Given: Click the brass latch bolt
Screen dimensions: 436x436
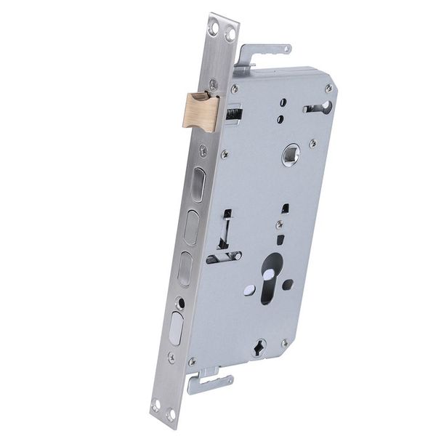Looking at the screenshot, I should [x=201, y=111].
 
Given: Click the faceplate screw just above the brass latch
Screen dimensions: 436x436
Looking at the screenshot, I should [x=212, y=84].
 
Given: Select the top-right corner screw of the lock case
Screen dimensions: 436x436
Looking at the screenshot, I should [x=328, y=87].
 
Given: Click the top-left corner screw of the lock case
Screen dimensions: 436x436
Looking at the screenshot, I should [x=234, y=89].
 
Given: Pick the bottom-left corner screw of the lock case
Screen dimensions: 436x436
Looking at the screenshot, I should [x=192, y=361].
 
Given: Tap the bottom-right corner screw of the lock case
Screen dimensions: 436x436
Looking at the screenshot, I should [x=284, y=342].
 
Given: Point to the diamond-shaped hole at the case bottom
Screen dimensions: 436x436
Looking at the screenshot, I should [x=259, y=348].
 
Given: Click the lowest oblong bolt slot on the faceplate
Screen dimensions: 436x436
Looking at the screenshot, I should [x=176, y=328].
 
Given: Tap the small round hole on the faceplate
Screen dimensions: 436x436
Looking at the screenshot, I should [x=181, y=302].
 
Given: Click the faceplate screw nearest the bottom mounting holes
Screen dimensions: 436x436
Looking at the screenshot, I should [x=171, y=358].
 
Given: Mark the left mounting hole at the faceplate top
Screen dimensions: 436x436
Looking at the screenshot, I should [x=214, y=28].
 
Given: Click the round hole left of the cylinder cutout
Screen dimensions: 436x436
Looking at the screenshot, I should [x=249, y=290].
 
